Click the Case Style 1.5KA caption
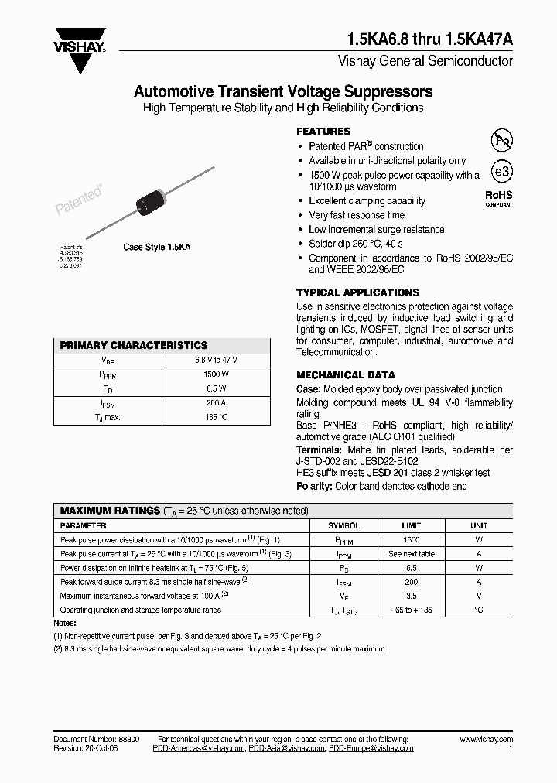click(x=157, y=247)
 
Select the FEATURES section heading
click(x=323, y=132)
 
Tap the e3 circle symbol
click(x=502, y=172)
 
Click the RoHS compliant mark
click(x=499, y=198)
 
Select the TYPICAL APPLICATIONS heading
click(x=357, y=293)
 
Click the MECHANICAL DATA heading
click(x=345, y=375)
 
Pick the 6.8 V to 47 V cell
click(x=216, y=360)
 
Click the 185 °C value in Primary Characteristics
click(x=216, y=417)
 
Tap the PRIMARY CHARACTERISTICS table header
click(x=134, y=346)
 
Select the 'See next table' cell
click(x=411, y=554)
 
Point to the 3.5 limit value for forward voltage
click(x=411, y=596)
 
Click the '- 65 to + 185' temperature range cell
click(x=411, y=610)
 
